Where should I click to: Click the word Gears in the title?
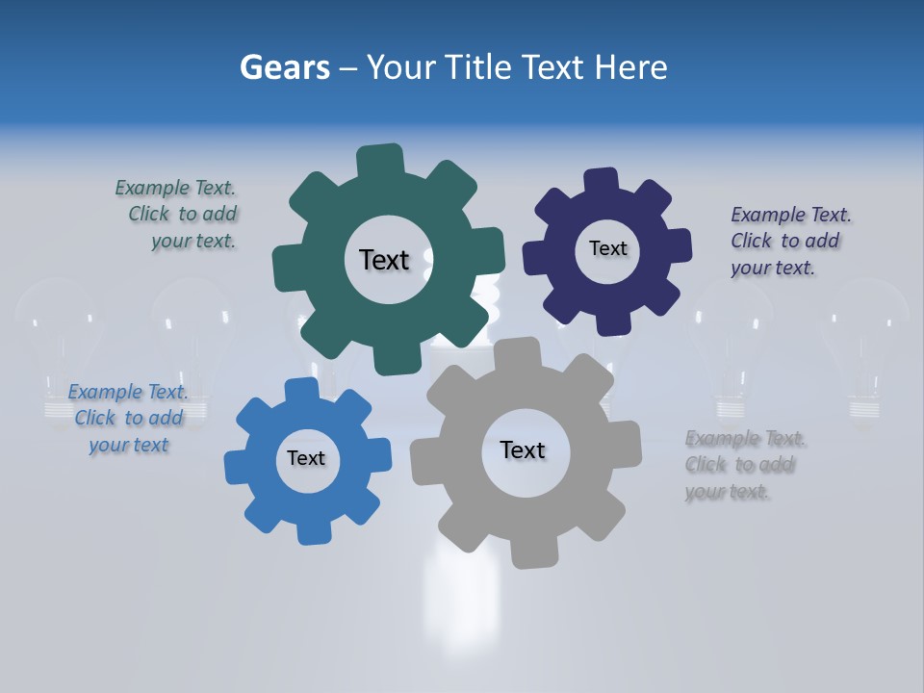[x=285, y=67]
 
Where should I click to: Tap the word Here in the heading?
[x=630, y=67]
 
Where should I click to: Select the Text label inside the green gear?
[x=384, y=260]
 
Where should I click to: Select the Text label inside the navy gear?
[x=607, y=248]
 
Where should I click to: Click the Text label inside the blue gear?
[x=306, y=458]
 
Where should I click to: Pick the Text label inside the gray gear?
[x=523, y=449]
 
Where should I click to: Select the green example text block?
[x=177, y=215]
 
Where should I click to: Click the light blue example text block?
[x=128, y=419]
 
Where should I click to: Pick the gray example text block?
[x=744, y=465]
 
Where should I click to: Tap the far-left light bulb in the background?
[x=60, y=346]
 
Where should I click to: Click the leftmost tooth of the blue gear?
[x=237, y=469]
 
